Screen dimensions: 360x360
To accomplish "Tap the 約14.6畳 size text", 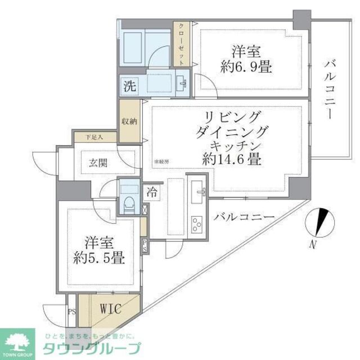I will click(231, 159).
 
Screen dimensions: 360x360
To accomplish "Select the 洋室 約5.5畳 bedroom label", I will click(97, 251).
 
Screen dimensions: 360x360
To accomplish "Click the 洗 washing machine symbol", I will click(129, 87).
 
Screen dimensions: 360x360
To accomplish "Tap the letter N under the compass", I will click(313, 244).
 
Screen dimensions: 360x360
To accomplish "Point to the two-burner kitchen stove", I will click(197, 225).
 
